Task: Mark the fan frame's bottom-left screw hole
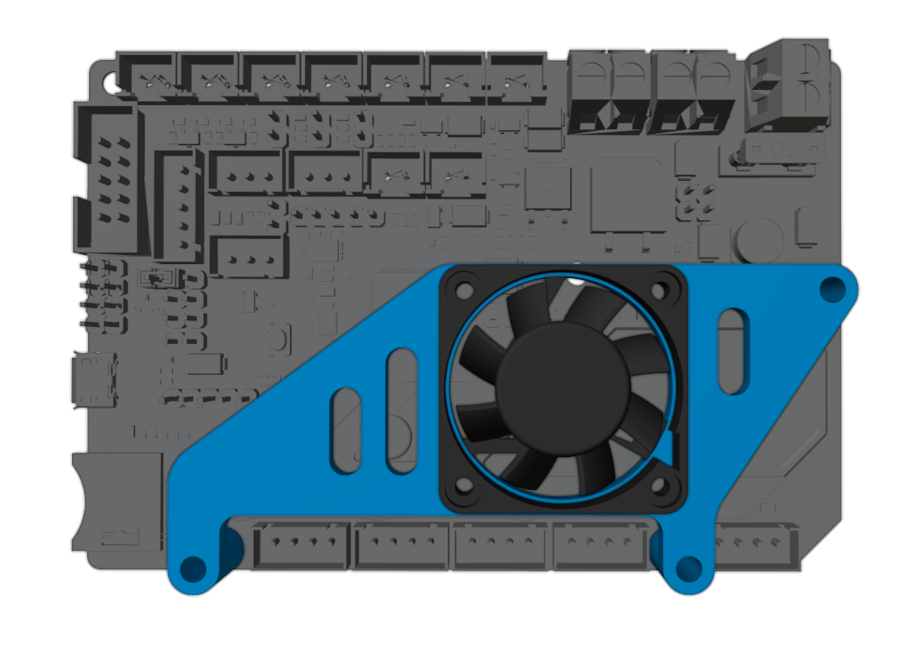point(462,487)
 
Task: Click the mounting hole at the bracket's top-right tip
point(831,289)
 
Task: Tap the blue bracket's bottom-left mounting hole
point(194,568)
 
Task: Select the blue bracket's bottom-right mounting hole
point(688,568)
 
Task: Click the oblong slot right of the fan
point(732,351)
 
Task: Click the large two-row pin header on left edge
point(107,178)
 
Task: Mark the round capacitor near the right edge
point(758,241)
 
